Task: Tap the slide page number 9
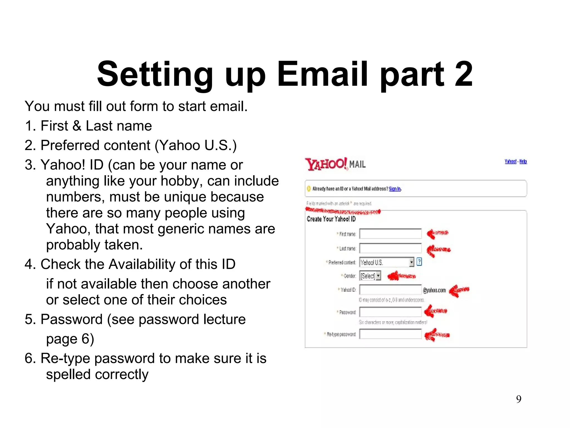tap(519, 399)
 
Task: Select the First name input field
tap(390, 234)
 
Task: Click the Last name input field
tap(390, 248)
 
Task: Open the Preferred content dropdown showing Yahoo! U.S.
tap(387, 262)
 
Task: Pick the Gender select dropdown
tap(370, 276)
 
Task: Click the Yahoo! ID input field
tap(390, 290)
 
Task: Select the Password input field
tap(390, 312)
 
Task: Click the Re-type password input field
tap(390, 334)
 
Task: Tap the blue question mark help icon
tap(419, 262)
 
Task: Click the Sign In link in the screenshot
tap(395, 189)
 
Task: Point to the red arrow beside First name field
tap(437, 234)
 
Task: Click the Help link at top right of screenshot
tap(523, 162)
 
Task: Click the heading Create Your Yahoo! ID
tap(331, 219)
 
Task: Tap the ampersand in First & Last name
tap(77, 126)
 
